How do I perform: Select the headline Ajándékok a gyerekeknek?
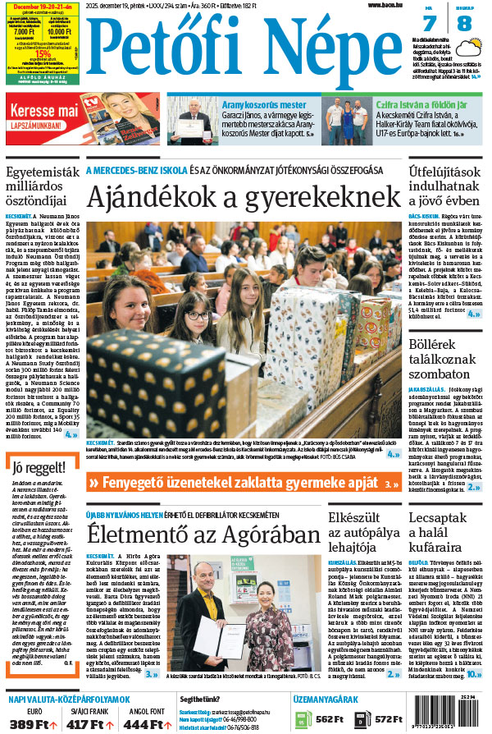point(244,198)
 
